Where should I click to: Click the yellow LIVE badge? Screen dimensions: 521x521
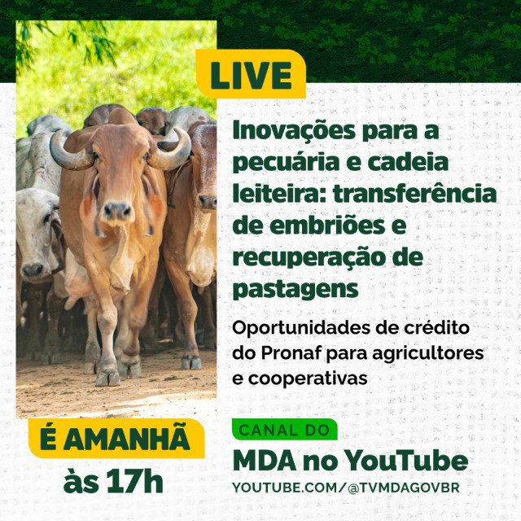[251, 76]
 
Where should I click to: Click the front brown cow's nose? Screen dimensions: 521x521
[117, 211]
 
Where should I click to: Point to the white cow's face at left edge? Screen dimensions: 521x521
[37, 236]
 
